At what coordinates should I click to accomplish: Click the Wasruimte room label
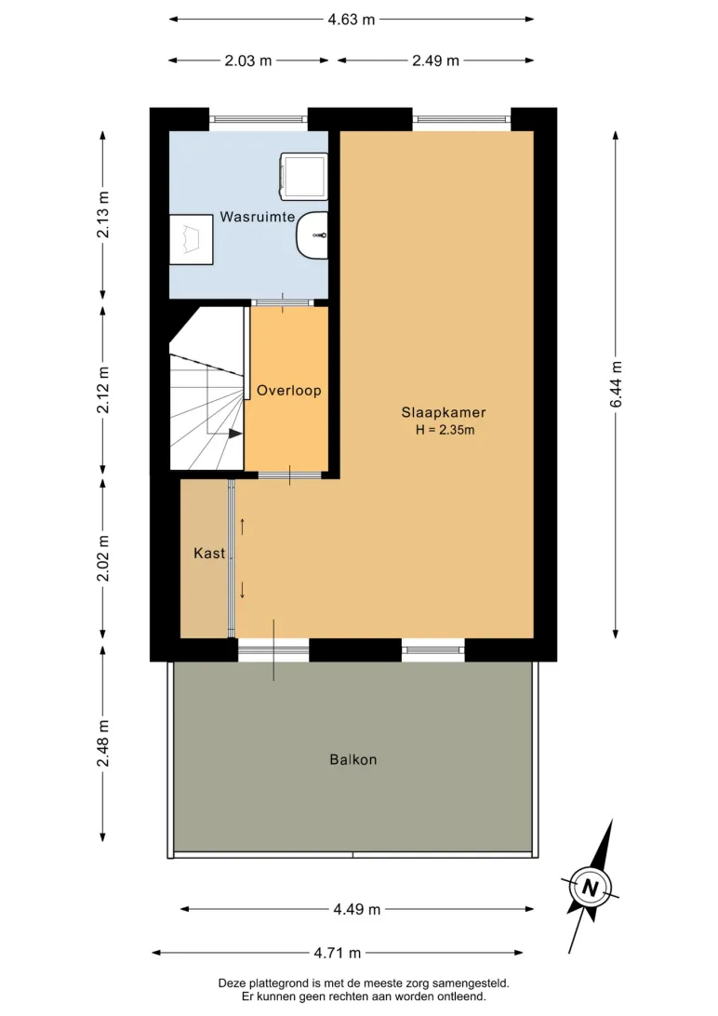click(257, 217)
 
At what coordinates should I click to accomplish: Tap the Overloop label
click(288, 390)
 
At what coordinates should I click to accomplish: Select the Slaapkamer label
click(444, 412)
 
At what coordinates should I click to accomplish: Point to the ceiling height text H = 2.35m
click(445, 430)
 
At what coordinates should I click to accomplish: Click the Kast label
click(209, 553)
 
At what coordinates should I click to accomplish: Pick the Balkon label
click(352, 759)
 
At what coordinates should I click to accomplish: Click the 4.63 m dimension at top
click(351, 20)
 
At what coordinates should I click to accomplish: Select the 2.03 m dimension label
click(248, 60)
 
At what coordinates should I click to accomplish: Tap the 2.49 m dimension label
click(435, 60)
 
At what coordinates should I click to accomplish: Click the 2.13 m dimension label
click(103, 215)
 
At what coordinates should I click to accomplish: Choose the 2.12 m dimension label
click(103, 390)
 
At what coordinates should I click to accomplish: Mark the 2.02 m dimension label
click(103, 558)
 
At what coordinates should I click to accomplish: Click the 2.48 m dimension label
click(103, 743)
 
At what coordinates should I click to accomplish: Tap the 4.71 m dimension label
click(337, 953)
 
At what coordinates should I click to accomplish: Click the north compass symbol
click(589, 887)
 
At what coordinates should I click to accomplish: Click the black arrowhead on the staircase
click(235, 434)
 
